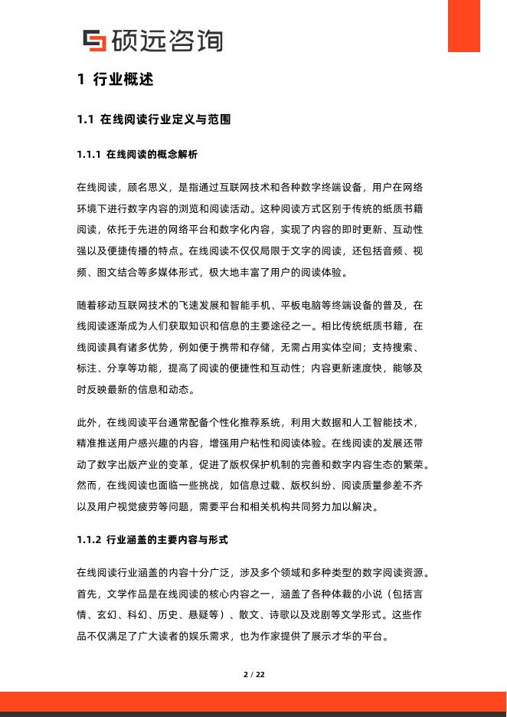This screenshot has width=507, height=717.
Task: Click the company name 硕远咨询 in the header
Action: tap(166, 41)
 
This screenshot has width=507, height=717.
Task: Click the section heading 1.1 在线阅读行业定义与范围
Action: tap(154, 120)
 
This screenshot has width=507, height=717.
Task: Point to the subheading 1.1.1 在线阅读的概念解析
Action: tap(137, 155)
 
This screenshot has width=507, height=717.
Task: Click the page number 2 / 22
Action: tap(253, 675)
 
